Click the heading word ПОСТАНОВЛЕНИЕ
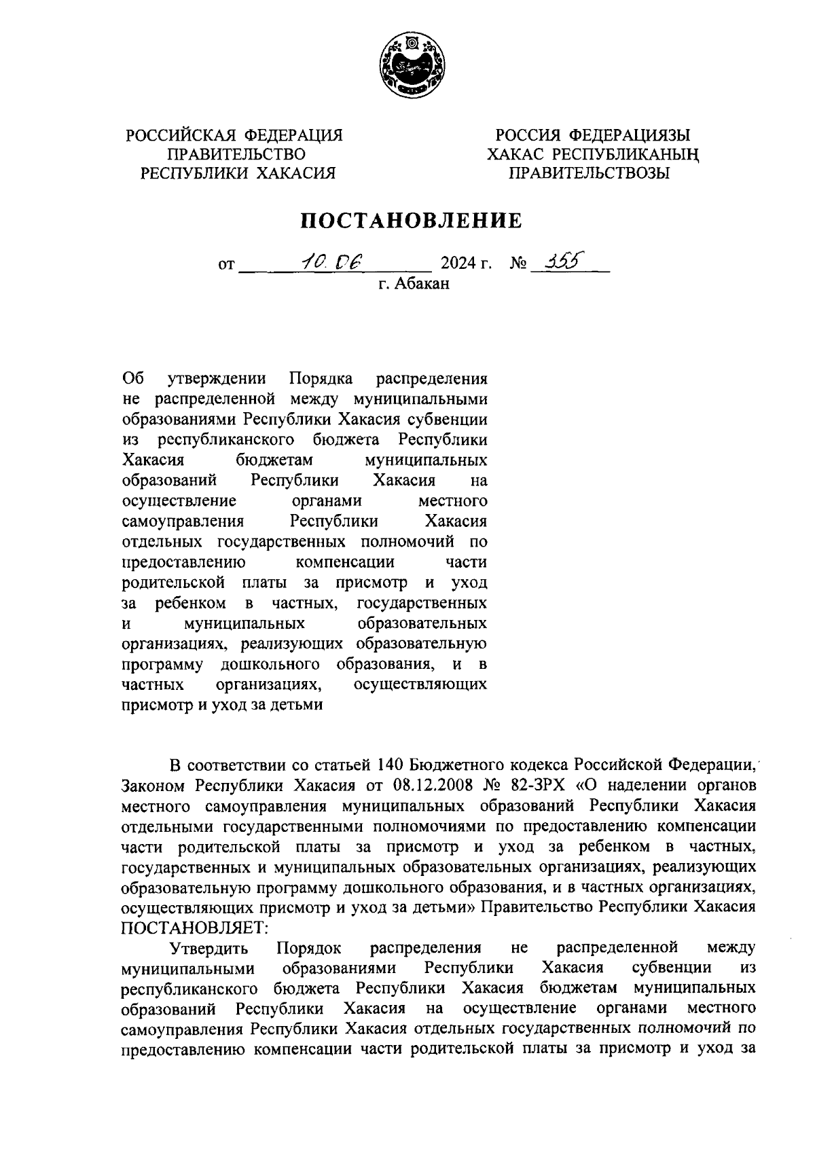click(412, 220)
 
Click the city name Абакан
click(422, 284)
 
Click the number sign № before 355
click(518, 262)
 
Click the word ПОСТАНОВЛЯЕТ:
click(196, 927)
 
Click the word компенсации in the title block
click(346, 562)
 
